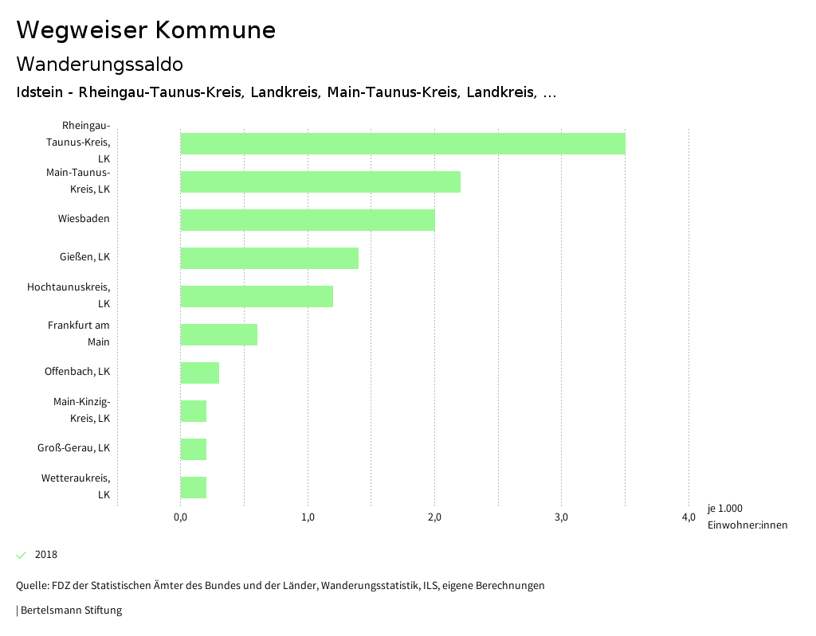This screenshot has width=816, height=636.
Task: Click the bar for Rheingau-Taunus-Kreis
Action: point(402,143)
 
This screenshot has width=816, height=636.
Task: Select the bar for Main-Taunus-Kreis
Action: point(320,181)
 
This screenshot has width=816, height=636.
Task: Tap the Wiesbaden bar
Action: point(308,220)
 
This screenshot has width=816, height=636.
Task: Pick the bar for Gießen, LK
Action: point(269,258)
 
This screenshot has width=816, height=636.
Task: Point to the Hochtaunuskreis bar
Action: point(257,296)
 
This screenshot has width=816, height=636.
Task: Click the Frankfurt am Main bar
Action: point(219,334)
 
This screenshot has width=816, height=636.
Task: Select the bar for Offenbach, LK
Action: point(200,373)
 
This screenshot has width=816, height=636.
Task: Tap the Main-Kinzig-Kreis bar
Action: point(194,411)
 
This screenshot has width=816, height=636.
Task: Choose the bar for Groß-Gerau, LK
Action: point(194,449)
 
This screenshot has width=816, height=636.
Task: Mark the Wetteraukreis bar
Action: point(194,487)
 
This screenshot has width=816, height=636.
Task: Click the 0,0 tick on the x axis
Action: point(180,517)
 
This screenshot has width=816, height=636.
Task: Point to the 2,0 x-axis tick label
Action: point(434,517)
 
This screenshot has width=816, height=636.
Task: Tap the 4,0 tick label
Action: point(688,517)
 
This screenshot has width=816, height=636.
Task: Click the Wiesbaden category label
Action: point(84,219)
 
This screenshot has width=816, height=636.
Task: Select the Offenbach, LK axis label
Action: point(77,372)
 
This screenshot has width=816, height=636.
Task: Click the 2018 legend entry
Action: point(45,555)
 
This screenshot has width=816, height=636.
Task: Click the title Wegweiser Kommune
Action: point(146,30)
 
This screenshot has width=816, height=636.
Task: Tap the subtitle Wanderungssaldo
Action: point(100,64)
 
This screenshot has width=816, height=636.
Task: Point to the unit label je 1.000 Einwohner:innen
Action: point(747,517)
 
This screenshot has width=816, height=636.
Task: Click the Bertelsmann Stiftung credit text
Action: point(70,611)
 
